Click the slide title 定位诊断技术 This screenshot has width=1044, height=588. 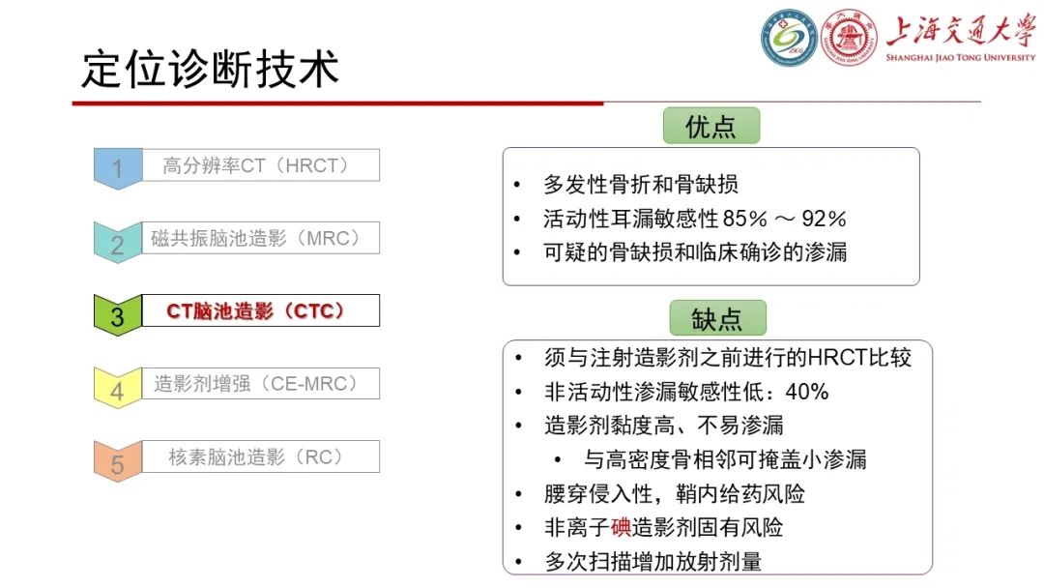[210, 70]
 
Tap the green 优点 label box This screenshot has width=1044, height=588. [710, 127]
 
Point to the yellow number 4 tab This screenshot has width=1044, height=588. [117, 389]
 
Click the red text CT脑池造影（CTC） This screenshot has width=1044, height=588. [256, 311]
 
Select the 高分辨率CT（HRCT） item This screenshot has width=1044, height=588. [256, 165]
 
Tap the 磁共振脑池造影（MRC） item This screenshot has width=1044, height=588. [256, 239]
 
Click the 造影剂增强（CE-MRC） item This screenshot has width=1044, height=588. [256, 384]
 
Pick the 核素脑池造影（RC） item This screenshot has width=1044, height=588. [256, 456]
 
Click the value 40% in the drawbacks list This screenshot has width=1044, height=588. [806, 392]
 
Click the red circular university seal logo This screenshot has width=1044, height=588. [850, 40]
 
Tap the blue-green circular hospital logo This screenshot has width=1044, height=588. [789, 40]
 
